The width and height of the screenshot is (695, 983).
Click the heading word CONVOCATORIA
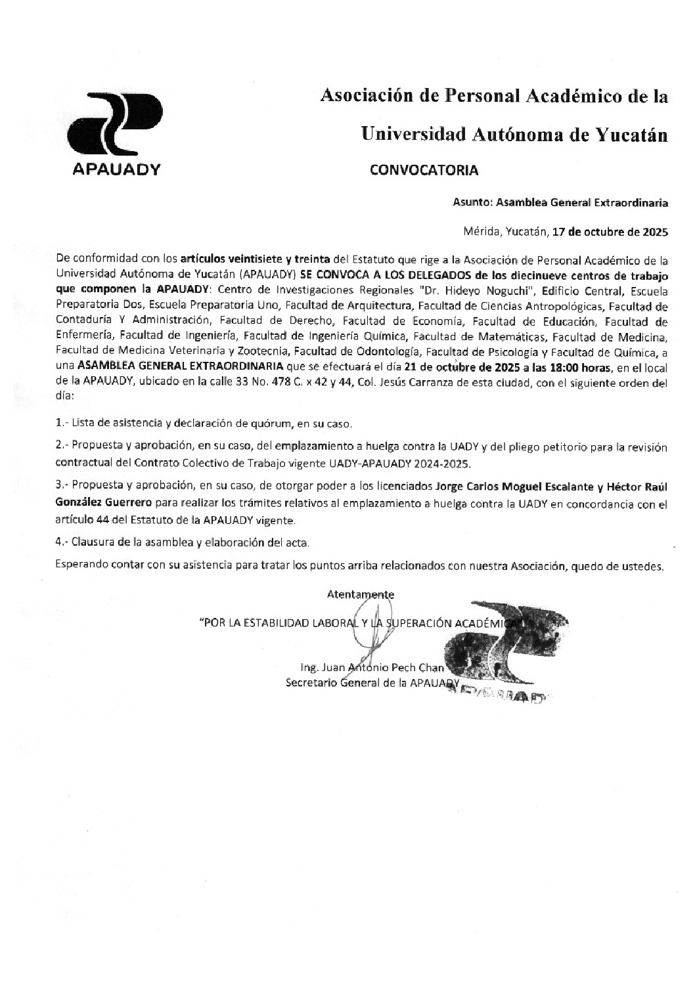[424, 170]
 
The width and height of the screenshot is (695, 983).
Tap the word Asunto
[472, 203]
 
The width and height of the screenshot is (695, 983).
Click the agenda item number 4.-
[62, 543]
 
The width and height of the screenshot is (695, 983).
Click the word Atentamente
[361, 595]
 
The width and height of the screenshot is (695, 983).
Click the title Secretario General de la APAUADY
[372, 683]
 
